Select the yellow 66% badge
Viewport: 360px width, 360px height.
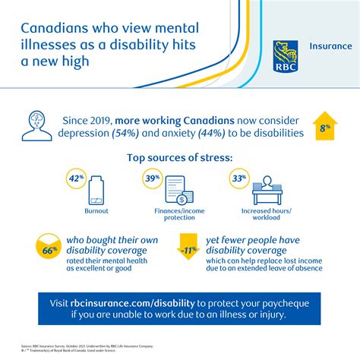pyautogui.click(x=46, y=248)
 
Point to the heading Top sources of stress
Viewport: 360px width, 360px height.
pyautogui.click(x=179, y=158)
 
